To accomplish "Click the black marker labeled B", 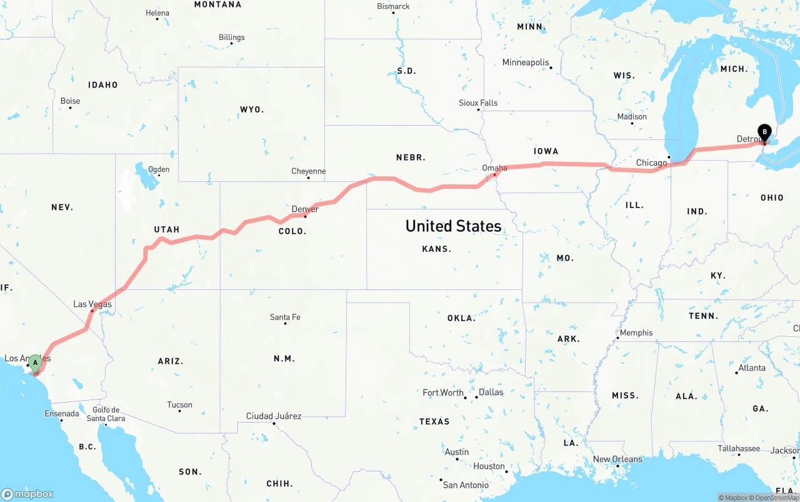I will pos(764,132).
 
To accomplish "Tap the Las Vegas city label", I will pos(92,304).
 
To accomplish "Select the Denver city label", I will pos(305,209).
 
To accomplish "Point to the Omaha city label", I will pos(494,168).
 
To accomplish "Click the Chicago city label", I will pos(651,163).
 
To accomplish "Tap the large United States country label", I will pos(453,226).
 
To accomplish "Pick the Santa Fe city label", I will pos(285,317).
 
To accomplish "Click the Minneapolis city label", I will pos(526,63).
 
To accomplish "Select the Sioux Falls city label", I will pos(478,103).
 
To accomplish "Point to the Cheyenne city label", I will pos(308,171).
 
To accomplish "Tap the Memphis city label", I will pos(636,333).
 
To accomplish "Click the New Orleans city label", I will pos(617,459).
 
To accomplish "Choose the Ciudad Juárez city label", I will pos(274,416).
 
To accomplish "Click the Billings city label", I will pos(231,38).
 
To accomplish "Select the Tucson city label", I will pos(180,404).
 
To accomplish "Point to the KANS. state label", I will pos(436,249).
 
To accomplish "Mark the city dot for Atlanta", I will pos(737,373).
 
